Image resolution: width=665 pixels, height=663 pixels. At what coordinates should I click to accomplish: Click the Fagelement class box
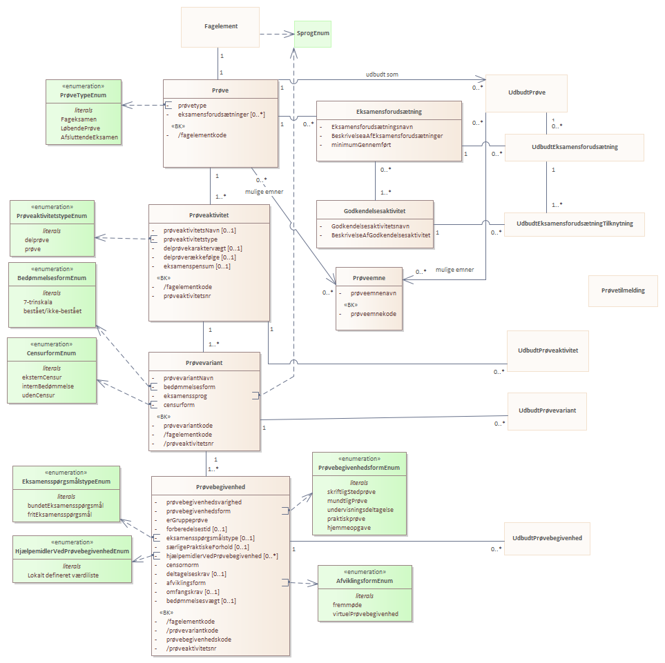pos(220,27)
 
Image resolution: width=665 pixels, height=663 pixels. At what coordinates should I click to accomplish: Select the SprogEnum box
pos(313,34)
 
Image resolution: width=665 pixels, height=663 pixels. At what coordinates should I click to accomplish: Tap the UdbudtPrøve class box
pos(526,93)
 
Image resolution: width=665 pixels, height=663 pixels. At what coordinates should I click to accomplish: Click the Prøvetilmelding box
pos(623,290)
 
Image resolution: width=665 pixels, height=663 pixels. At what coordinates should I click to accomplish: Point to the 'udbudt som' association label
pos(382,75)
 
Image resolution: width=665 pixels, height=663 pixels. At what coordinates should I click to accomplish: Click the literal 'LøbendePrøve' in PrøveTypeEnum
pos(81,128)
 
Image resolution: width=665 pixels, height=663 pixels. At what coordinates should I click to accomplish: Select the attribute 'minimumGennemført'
pos(361,145)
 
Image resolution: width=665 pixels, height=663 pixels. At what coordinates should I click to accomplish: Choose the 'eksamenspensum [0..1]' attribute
pos(197,266)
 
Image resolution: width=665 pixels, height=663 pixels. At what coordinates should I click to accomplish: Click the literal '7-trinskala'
pos(38,302)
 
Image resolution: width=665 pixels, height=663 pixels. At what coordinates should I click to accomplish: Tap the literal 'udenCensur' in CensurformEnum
pos(39,395)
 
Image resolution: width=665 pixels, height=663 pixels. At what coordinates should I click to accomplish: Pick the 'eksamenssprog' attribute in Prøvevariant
pos(185,396)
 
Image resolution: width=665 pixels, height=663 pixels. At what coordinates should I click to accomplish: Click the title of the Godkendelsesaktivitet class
pos(374,211)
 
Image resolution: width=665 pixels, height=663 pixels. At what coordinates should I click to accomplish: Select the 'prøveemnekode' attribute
pos(374,314)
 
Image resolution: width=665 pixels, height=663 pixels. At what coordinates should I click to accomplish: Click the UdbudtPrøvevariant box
pos(547,411)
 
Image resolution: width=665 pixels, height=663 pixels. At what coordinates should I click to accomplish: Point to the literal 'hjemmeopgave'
pos(349,528)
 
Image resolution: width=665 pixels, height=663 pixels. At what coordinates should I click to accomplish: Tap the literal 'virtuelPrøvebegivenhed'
pos(365,614)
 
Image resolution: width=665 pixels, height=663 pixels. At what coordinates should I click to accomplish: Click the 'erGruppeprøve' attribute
pos(187,520)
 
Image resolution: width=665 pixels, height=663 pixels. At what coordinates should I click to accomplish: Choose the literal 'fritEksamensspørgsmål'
pos(60,515)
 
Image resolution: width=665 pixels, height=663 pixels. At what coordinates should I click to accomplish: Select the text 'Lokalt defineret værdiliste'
pos(64,575)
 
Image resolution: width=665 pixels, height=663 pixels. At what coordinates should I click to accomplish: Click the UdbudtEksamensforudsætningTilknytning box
pos(575,224)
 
